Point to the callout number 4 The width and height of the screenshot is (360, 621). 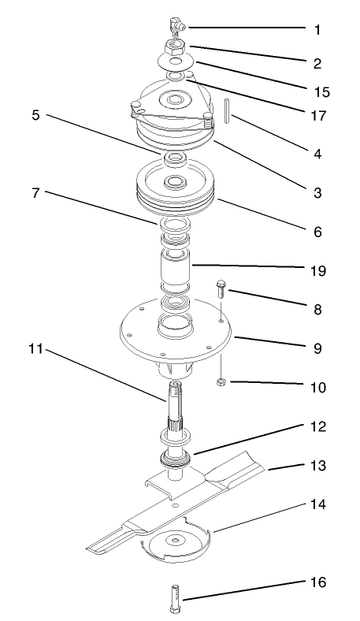click(317, 154)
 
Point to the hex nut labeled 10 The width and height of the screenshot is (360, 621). click(222, 383)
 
